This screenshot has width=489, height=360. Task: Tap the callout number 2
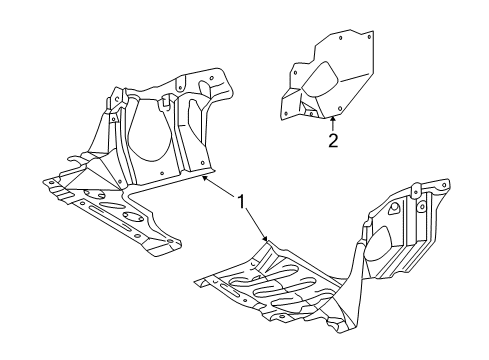(333, 140)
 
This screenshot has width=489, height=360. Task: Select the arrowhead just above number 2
(332, 120)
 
